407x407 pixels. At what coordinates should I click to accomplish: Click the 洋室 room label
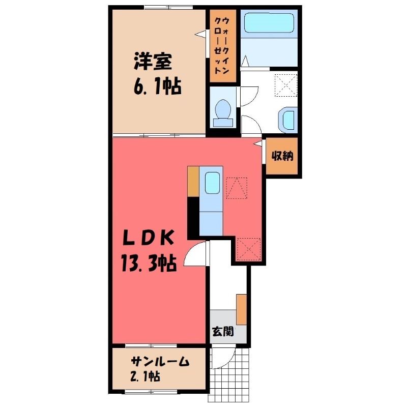[x=153, y=62]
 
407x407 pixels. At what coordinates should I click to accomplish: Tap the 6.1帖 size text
[x=157, y=86]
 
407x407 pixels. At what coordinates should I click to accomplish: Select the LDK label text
[x=148, y=238]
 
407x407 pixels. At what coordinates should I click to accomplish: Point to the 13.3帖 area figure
[x=149, y=263]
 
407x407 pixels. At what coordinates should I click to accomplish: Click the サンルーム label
[x=160, y=362]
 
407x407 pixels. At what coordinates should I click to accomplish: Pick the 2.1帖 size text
[x=145, y=376]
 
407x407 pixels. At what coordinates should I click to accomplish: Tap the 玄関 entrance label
[x=223, y=332]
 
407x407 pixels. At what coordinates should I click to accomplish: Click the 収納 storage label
[x=282, y=156]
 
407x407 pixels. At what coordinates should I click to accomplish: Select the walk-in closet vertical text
[x=223, y=45]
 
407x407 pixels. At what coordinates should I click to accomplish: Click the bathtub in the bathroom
[x=269, y=23]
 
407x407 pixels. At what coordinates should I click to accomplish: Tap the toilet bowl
[x=223, y=113]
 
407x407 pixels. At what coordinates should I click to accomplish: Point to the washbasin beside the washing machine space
[x=288, y=120]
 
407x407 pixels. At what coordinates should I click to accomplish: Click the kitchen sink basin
[x=212, y=183]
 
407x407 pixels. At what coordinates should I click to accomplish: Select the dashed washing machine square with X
[x=286, y=85]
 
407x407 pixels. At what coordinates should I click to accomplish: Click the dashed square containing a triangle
[x=237, y=188]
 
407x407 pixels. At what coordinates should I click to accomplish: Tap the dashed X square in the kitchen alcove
[x=249, y=249]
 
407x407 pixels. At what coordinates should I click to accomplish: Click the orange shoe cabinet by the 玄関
[x=241, y=309]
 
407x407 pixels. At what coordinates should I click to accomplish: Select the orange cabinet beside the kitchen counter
[x=193, y=182]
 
